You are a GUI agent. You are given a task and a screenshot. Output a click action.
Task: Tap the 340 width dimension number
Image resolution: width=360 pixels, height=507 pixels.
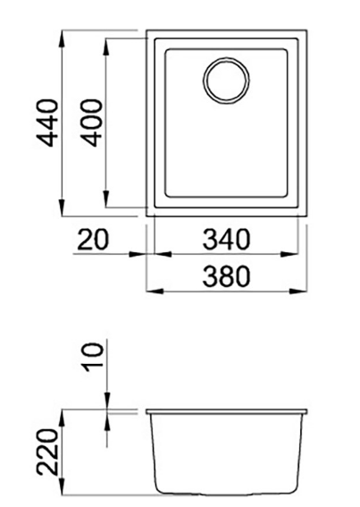pos(223,240)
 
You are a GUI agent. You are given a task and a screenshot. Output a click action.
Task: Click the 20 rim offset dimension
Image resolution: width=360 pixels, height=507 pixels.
pos(92,240)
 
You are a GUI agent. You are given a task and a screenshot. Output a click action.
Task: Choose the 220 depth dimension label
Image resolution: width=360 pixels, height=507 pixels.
pos(47,453)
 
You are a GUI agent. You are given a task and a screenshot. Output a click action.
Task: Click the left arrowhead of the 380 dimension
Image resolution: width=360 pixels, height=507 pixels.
pos(152,291)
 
